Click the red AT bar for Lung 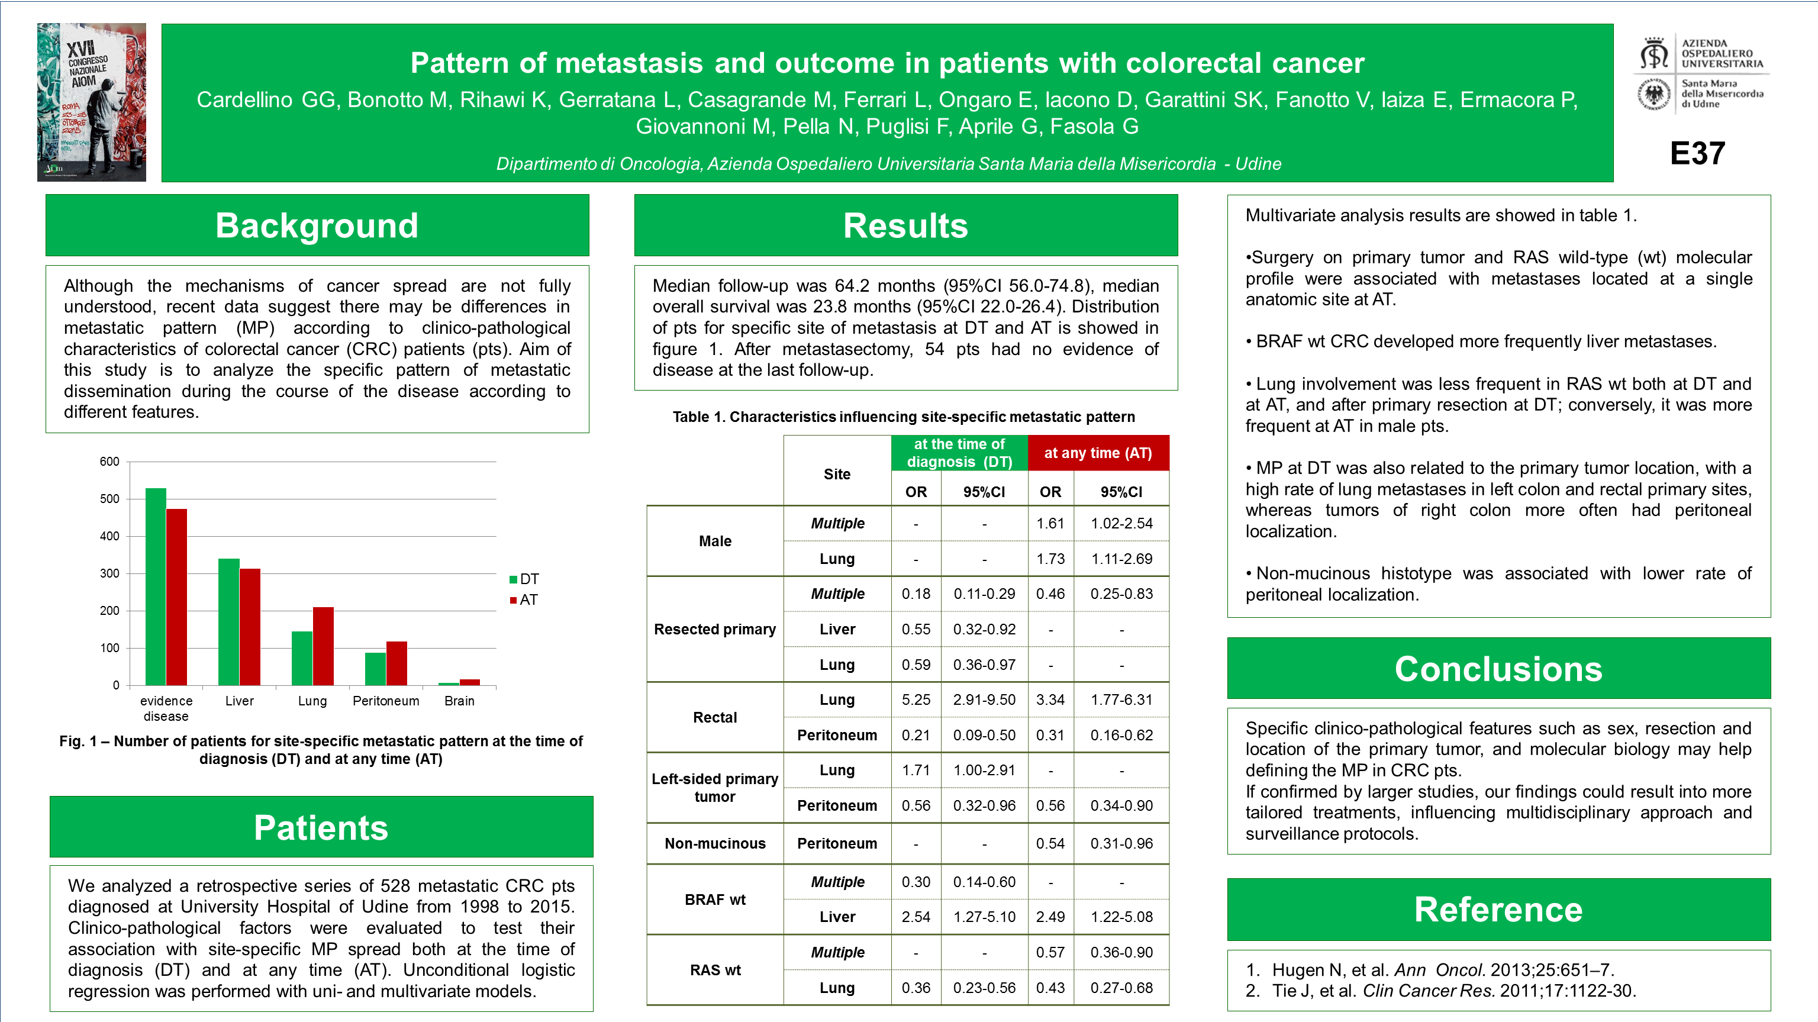[323, 646]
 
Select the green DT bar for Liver [228, 622]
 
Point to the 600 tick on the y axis [109, 462]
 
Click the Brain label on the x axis [459, 701]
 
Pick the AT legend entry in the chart [524, 600]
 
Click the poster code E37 [1697, 153]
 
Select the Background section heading [317, 226]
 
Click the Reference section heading [1498, 909]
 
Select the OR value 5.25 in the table [916, 699]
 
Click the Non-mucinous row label [714, 843]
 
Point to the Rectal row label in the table [714, 717]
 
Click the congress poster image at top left [92, 102]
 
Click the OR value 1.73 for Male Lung [1050, 559]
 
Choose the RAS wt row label [714, 970]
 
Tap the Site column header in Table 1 [836, 474]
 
